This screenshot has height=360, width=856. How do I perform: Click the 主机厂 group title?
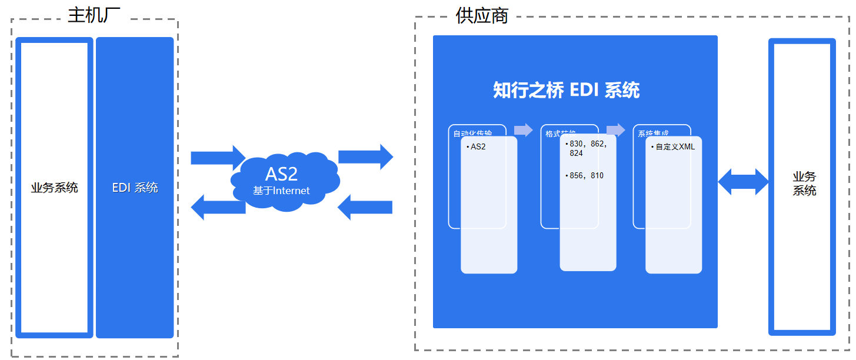[x=94, y=15]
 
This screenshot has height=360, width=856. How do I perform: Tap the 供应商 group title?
[x=482, y=16]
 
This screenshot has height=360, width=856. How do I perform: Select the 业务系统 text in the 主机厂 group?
[x=55, y=188]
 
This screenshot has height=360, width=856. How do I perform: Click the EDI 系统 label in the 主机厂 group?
[x=135, y=188]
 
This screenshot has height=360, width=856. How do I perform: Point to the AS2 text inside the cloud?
[x=281, y=174]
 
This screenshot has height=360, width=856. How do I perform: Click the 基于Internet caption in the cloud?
[x=281, y=191]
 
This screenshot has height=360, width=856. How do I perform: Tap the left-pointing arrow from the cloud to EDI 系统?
[x=218, y=207]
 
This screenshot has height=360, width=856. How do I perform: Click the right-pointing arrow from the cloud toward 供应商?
[x=365, y=156]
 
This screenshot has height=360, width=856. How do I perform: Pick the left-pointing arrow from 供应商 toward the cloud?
[x=365, y=207]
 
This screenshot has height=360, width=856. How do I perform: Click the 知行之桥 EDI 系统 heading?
[x=566, y=91]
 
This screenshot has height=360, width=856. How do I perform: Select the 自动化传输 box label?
[x=472, y=134]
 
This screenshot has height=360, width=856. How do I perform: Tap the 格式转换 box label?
[x=560, y=134]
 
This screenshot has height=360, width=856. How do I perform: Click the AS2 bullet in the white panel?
[x=478, y=146]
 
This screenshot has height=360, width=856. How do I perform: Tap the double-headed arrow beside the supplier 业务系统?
[x=744, y=182]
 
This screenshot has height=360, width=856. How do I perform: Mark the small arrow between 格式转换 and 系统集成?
[x=615, y=130]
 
